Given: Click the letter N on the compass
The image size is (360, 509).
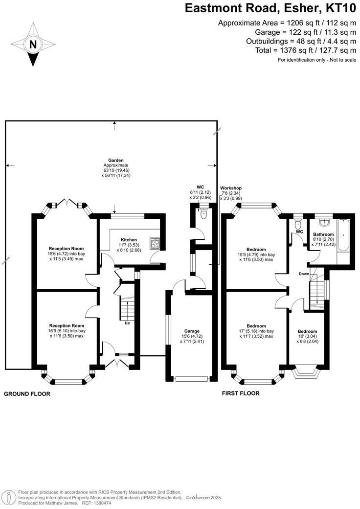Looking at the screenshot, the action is (x=33, y=45).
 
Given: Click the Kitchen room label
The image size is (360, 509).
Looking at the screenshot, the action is (x=129, y=240).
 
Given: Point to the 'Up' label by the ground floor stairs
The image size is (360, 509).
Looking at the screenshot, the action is (x=127, y=323).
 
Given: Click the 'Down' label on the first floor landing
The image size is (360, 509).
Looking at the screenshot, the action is (x=304, y=274).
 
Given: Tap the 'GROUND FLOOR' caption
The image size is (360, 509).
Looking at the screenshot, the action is (x=27, y=393).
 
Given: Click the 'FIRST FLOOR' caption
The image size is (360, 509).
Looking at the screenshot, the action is (x=241, y=393).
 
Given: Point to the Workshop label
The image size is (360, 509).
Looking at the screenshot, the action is (x=231, y=188).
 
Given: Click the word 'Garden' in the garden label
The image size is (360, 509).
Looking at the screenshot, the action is (x=116, y=160).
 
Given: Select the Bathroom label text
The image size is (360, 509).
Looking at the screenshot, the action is (x=323, y=234).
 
